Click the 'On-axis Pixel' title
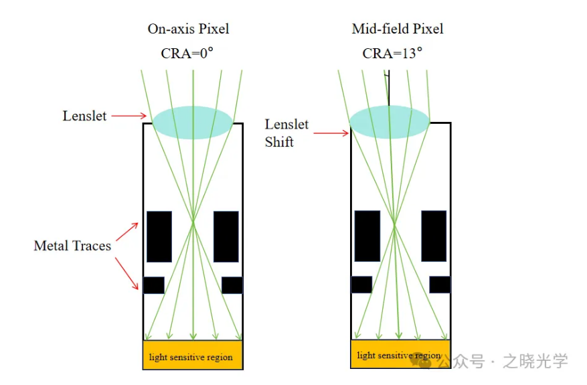[x=188, y=29]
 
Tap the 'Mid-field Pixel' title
[x=398, y=29]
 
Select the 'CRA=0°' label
[x=187, y=54]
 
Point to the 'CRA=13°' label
[x=392, y=54]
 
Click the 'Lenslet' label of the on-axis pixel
[x=85, y=116]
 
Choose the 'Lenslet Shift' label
[x=286, y=133]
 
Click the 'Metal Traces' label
[x=72, y=246]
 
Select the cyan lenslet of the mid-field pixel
[x=390, y=121]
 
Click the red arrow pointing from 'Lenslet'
[x=129, y=116]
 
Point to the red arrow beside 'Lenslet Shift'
[x=331, y=133]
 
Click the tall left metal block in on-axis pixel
[x=159, y=236]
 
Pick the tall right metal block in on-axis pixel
[x=226, y=236]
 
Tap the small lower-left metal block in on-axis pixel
[x=153, y=285]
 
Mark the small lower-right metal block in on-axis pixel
[x=232, y=285]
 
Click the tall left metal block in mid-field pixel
[x=367, y=236]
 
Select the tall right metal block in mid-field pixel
[x=434, y=236]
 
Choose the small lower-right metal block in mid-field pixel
[x=440, y=285]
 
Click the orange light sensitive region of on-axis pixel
[x=193, y=355]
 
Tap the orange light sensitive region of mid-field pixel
[x=400, y=354]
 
